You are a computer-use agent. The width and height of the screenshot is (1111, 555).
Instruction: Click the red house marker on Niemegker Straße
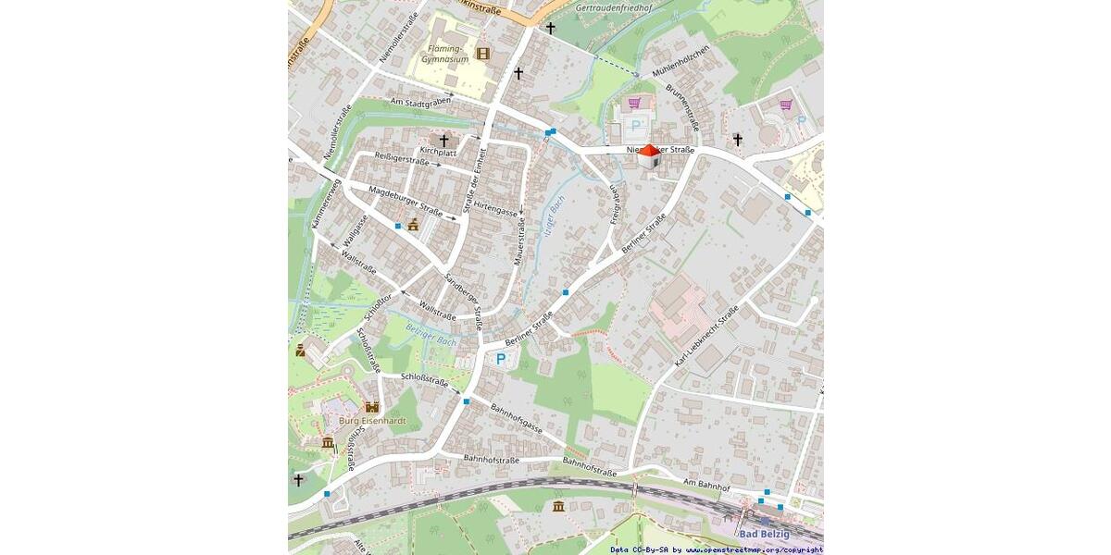tap(650, 156)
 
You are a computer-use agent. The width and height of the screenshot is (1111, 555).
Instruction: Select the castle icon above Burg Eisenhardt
tap(372, 406)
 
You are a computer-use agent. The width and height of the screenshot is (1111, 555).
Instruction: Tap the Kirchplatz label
tap(438, 151)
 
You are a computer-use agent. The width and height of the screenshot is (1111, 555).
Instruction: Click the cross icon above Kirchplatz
tap(443, 140)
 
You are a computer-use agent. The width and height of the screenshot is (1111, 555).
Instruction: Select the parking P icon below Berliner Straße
tap(501, 359)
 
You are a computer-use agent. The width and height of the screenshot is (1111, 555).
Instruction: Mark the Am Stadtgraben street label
tap(420, 104)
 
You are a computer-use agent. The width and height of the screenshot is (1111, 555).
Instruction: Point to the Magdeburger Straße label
tap(405, 199)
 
